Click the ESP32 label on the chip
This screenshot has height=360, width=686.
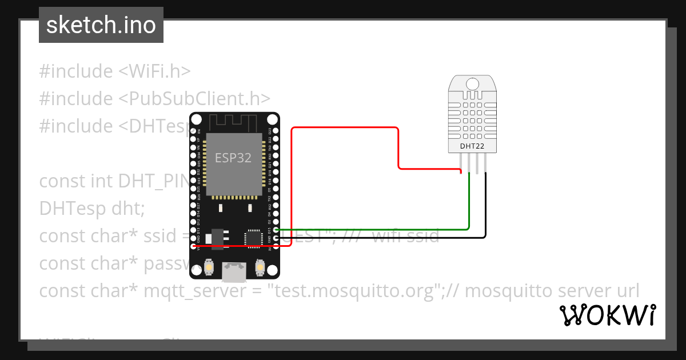[x=233, y=158]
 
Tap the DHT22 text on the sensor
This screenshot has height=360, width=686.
[x=472, y=146]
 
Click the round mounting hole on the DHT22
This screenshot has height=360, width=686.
[x=472, y=84]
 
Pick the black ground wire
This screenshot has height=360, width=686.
[x=400, y=237]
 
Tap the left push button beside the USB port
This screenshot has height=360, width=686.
[x=210, y=267]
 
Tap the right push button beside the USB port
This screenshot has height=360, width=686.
[x=260, y=267]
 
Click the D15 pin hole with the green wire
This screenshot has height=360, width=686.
[x=276, y=230]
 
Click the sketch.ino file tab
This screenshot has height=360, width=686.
[x=101, y=25]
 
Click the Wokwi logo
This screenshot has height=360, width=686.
[x=608, y=315]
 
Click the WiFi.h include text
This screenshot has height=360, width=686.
[x=154, y=71]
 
